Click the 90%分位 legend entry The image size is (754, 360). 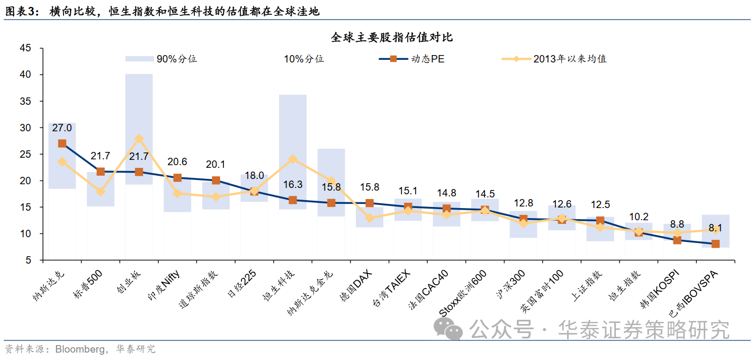[161, 59]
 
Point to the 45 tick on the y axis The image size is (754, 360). [25, 48]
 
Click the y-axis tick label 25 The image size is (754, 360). [25, 154]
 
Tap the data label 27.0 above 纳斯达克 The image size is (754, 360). [62, 128]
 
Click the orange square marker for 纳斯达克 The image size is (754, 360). [62, 143]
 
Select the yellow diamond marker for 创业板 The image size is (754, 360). [139, 139]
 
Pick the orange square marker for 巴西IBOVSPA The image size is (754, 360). [715, 244]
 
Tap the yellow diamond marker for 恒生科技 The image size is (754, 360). [292, 159]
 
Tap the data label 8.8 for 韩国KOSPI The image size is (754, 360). [677, 224]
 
